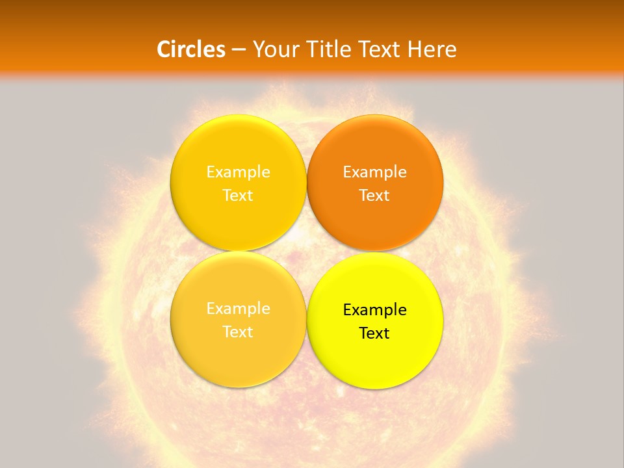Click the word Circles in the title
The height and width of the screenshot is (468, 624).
[191, 49]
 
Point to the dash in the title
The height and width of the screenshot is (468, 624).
[239, 50]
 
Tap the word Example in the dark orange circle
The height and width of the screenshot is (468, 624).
[375, 172]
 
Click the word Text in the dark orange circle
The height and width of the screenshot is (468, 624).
[375, 195]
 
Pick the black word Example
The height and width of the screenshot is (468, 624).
[375, 310]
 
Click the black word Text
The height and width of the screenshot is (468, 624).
[375, 333]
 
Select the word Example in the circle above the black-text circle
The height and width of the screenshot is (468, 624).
[375, 172]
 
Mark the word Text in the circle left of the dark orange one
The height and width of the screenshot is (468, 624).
[239, 195]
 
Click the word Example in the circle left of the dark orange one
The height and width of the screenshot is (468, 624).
[239, 172]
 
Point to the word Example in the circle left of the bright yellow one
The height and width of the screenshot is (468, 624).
[239, 309]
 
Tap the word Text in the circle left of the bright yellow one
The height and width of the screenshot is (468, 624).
[239, 331]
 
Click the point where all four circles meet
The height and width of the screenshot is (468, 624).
[307, 252]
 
